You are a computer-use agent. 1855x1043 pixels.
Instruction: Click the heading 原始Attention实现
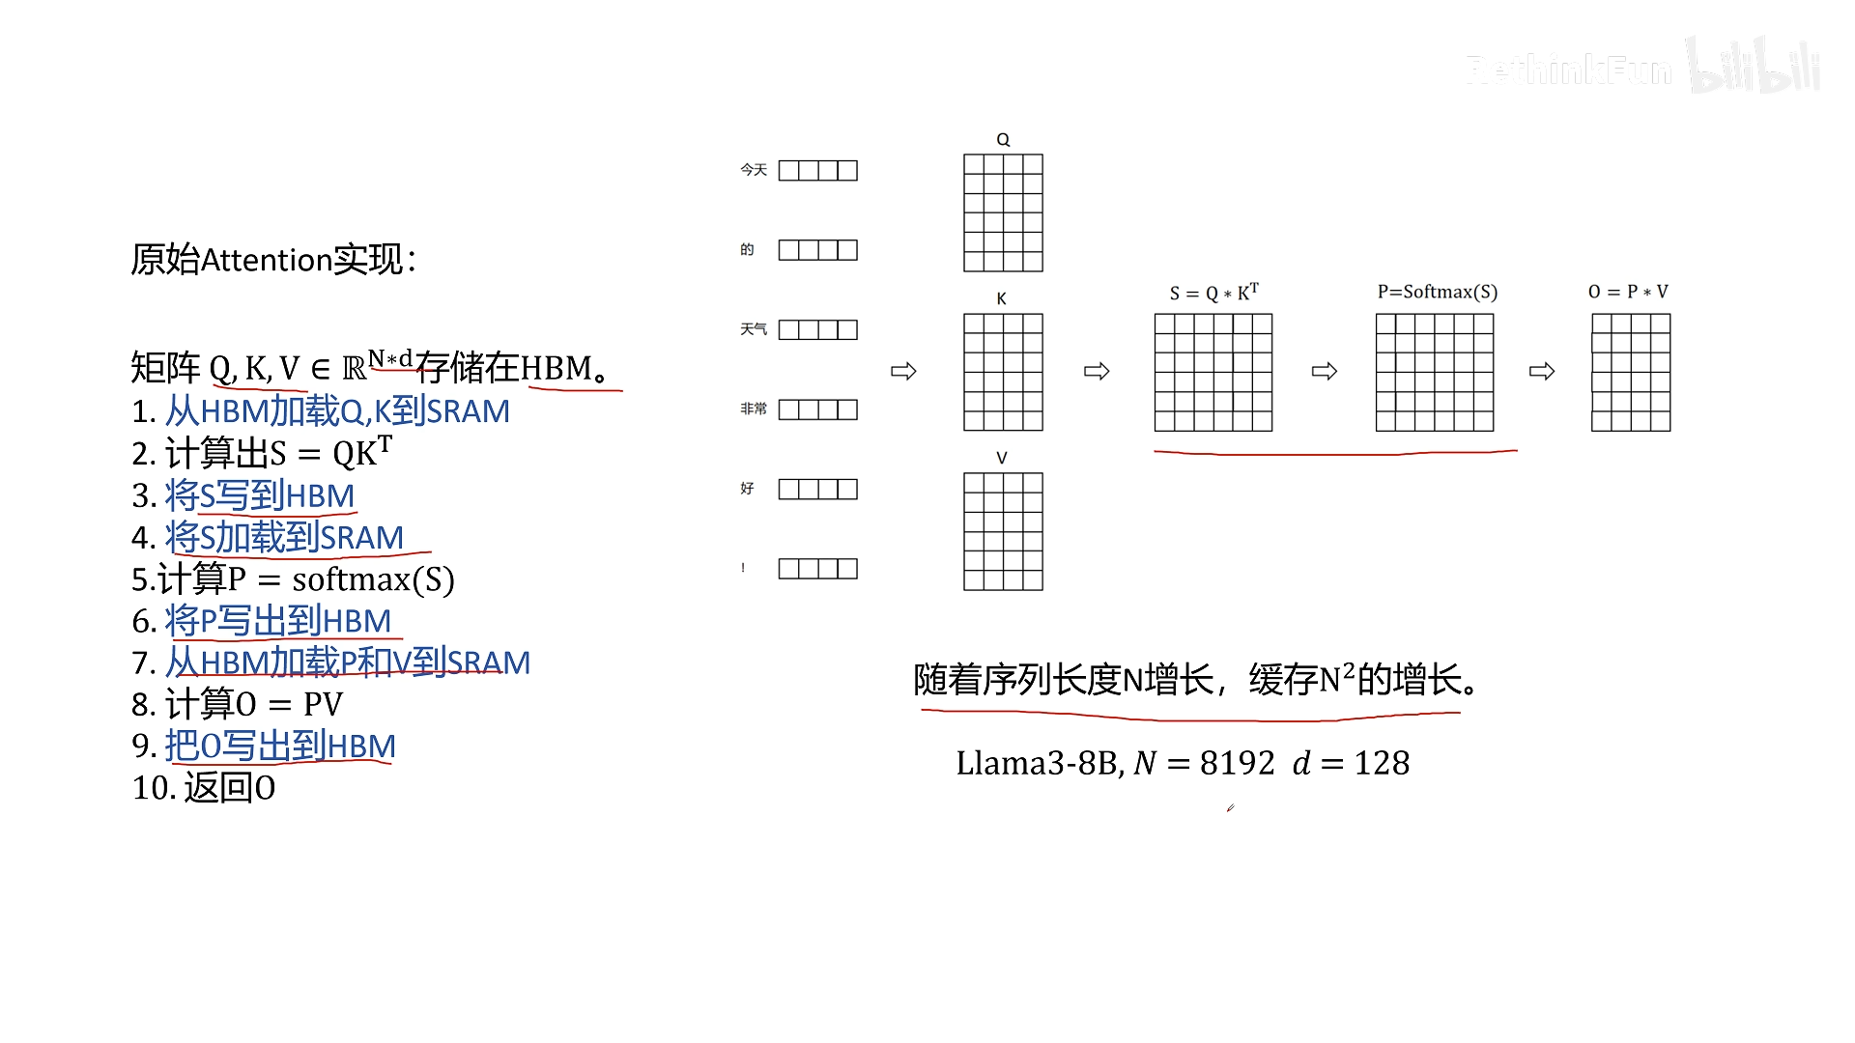pyautogui.click(x=273, y=259)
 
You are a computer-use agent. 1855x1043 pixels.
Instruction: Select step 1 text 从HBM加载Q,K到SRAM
pyautogui.click(x=337, y=411)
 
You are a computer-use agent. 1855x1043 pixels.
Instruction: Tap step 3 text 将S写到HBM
pyautogui.click(x=260, y=495)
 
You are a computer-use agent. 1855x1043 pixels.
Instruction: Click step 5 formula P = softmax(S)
pyautogui.click(x=340, y=579)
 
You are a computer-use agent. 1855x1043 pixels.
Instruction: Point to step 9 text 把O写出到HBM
pyautogui.click(x=280, y=746)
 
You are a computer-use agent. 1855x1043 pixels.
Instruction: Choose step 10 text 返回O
pyautogui.click(x=230, y=788)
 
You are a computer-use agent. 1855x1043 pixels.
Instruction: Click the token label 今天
pyautogui.click(x=754, y=170)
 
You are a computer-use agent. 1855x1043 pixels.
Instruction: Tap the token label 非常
pyautogui.click(x=754, y=409)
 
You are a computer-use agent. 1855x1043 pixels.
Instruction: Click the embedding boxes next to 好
pyautogui.click(x=818, y=490)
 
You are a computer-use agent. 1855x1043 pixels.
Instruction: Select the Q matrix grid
pyautogui.click(x=1003, y=212)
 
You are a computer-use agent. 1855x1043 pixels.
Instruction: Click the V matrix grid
pyautogui.click(x=1003, y=531)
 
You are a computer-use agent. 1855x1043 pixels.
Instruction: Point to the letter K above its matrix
pyautogui.click(x=1002, y=298)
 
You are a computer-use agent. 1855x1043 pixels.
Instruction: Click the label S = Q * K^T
pyautogui.click(x=1213, y=292)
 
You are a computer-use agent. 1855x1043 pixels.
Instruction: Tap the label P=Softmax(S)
pyautogui.click(x=1438, y=292)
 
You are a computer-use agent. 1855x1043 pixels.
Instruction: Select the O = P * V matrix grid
pyautogui.click(x=1631, y=372)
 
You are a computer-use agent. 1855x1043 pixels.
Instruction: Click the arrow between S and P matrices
pyautogui.click(x=1325, y=371)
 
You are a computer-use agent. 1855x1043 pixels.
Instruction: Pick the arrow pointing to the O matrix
pyautogui.click(x=1542, y=371)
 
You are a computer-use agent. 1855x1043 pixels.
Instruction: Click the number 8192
pyautogui.click(x=1238, y=763)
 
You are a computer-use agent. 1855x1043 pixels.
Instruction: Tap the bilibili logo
pyautogui.click(x=1754, y=65)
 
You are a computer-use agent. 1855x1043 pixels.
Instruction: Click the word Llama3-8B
pyautogui.click(x=1040, y=763)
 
